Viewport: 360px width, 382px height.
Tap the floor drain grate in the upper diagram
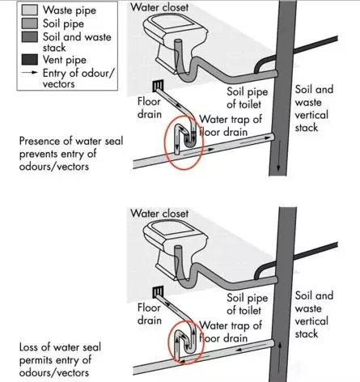156,86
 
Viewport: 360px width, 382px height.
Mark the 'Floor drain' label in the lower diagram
150,315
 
